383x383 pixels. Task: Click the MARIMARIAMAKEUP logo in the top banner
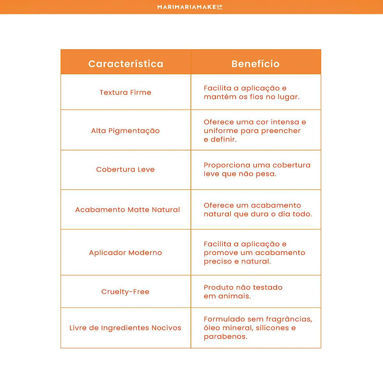coord(190,7)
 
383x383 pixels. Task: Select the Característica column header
coord(126,64)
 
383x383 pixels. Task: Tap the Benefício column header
coord(255,64)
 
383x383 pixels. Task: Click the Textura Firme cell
coord(125,93)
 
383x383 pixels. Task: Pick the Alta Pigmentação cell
coord(125,131)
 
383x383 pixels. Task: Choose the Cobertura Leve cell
coord(125,169)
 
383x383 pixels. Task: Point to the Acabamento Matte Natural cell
coord(127,210)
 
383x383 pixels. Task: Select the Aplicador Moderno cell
coord(125,253)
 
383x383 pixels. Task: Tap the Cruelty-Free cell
coord(125,292)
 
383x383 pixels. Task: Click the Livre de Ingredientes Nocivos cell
coord(125,328)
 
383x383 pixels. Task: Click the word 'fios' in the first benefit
coord(257,97)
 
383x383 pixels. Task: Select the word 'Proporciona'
coord(227,165)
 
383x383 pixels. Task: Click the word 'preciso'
coord(218,261)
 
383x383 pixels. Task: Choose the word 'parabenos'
coord(225,337)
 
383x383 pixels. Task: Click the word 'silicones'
coord(272,328)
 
